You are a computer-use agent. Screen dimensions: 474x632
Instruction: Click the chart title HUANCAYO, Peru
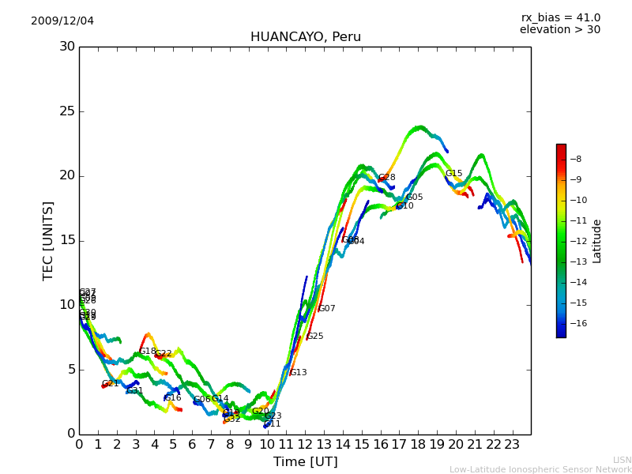[x=305, y=37]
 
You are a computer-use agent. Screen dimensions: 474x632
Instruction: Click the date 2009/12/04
[x=62, y=21]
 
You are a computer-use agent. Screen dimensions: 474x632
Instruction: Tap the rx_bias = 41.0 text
[x=560, y=17]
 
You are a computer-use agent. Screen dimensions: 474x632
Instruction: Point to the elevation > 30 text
[x=559, y=30]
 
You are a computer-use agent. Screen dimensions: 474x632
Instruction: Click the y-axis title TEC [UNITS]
[x=48, y=240]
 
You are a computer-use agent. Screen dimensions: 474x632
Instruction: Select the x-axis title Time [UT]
[x=305, y=461]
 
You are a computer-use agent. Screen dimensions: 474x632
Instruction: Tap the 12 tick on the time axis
[x=305, y=444]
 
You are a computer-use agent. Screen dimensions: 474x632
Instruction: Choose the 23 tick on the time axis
[x=512, y=444]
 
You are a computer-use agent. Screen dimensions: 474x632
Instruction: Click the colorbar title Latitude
[x=597, y=240]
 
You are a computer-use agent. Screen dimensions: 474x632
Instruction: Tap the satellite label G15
[x=453, y=174]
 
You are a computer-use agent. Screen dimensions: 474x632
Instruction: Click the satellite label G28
[x=386, y=178]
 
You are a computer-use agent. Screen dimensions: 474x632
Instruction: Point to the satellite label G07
[x=326, y=309]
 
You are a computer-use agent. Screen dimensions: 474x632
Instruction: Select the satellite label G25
[x=314, y=337]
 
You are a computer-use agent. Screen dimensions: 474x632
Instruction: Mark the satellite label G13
[x=298, y=373]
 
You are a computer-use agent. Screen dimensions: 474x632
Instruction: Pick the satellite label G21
[x=110, y=384]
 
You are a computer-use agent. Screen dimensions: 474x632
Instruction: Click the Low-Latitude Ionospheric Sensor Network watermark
[x=540, y=470]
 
